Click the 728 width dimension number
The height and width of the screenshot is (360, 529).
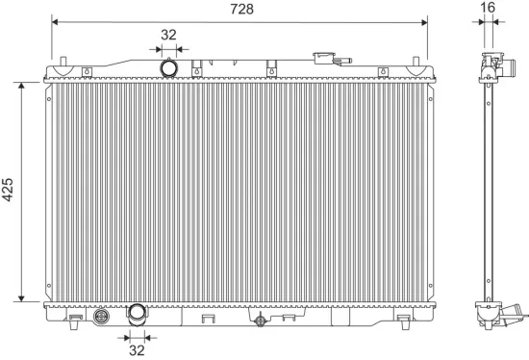point(240,9)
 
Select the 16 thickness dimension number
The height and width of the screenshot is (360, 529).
point(488,9)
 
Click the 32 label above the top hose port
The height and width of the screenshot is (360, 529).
point(169,35)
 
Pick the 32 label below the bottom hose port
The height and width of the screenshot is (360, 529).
point(137,350)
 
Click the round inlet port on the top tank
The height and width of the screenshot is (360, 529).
point(169,69)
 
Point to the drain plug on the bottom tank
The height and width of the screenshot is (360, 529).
point(257,320)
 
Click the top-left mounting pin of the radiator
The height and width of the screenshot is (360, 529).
point(62,65)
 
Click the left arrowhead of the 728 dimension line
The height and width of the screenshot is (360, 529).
point(55,19)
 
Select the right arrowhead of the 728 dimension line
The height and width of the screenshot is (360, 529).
point(424,19)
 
